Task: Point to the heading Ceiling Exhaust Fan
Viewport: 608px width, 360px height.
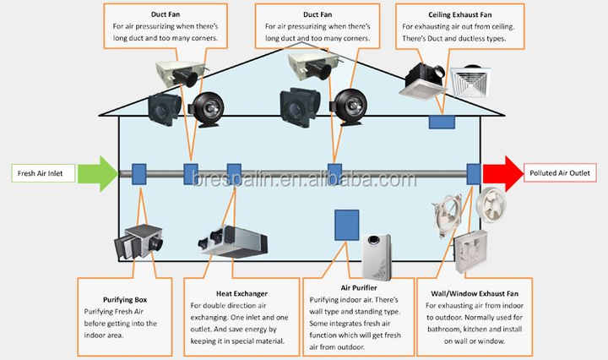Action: pos(459,14)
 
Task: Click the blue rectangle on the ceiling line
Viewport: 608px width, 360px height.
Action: pos(442,121)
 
